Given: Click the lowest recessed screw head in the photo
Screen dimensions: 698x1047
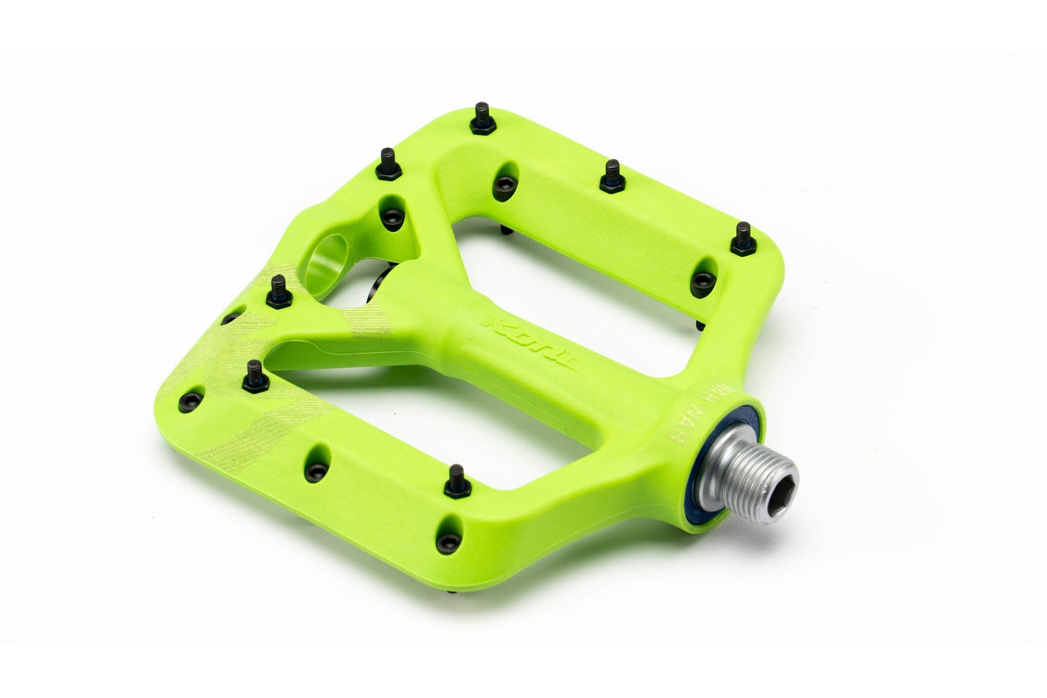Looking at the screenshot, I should pos(442,538).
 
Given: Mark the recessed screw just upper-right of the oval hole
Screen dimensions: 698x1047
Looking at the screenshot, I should pos(391,217).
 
